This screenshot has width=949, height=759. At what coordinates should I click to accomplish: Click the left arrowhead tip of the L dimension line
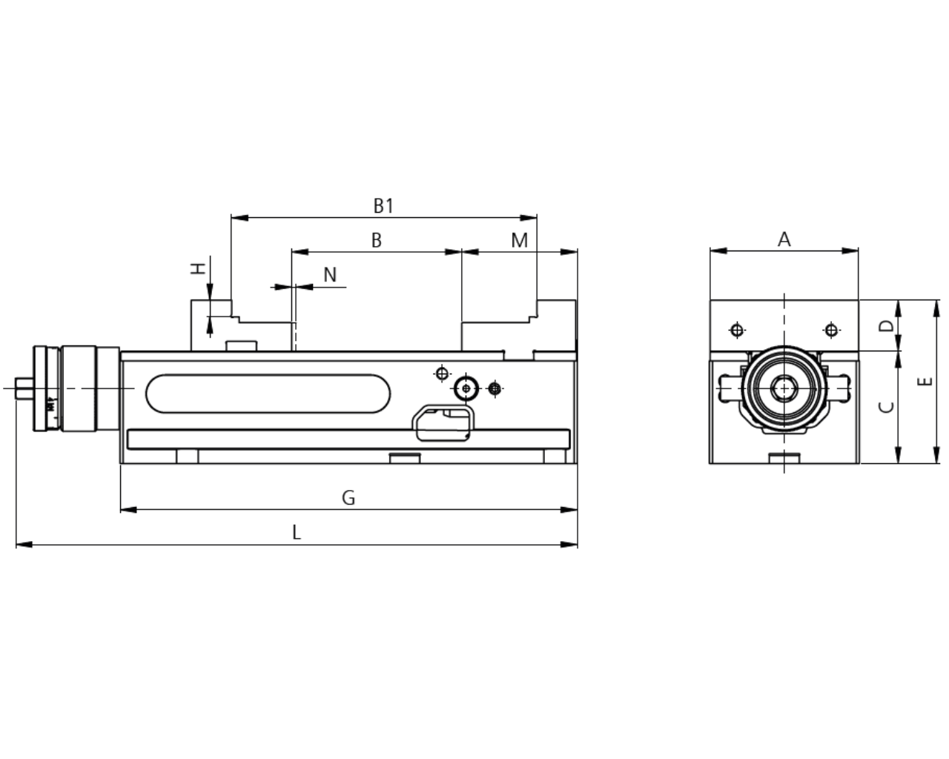(16, 545)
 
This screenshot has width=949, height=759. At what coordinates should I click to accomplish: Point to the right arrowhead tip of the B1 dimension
(537, 218)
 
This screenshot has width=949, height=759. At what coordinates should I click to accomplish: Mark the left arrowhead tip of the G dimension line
(121, 510)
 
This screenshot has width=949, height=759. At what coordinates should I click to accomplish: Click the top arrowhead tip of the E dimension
(936, 300)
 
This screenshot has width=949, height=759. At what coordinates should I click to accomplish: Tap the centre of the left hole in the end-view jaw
(737, 330)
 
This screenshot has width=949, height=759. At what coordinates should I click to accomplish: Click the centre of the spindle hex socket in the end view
(784, 388)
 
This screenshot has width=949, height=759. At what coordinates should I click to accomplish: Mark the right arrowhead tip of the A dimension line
(858, 251)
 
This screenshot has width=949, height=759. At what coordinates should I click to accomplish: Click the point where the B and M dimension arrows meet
(462, 252)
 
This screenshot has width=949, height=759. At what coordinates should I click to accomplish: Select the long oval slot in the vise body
(268, 394)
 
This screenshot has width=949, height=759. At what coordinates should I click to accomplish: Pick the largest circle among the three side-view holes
(466, 388)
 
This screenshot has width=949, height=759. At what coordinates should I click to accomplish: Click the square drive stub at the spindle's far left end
(24, 388)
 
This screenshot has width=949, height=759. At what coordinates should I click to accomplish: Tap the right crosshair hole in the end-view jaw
(831, 330)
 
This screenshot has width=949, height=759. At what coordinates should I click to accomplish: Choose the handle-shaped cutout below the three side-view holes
(443, 423)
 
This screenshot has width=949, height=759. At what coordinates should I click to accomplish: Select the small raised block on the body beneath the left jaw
(241, 345)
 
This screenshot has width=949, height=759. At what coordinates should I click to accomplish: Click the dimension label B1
(383, 206)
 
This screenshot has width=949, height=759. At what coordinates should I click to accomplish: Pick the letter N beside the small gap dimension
(330, 275)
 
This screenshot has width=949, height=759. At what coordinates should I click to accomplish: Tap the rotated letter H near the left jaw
(199, 268)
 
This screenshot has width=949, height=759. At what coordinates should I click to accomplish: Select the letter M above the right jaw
(520, 240)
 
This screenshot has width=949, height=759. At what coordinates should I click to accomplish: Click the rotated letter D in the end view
(886, 326)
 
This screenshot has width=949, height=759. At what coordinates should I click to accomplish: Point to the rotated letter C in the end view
(886, 407)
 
